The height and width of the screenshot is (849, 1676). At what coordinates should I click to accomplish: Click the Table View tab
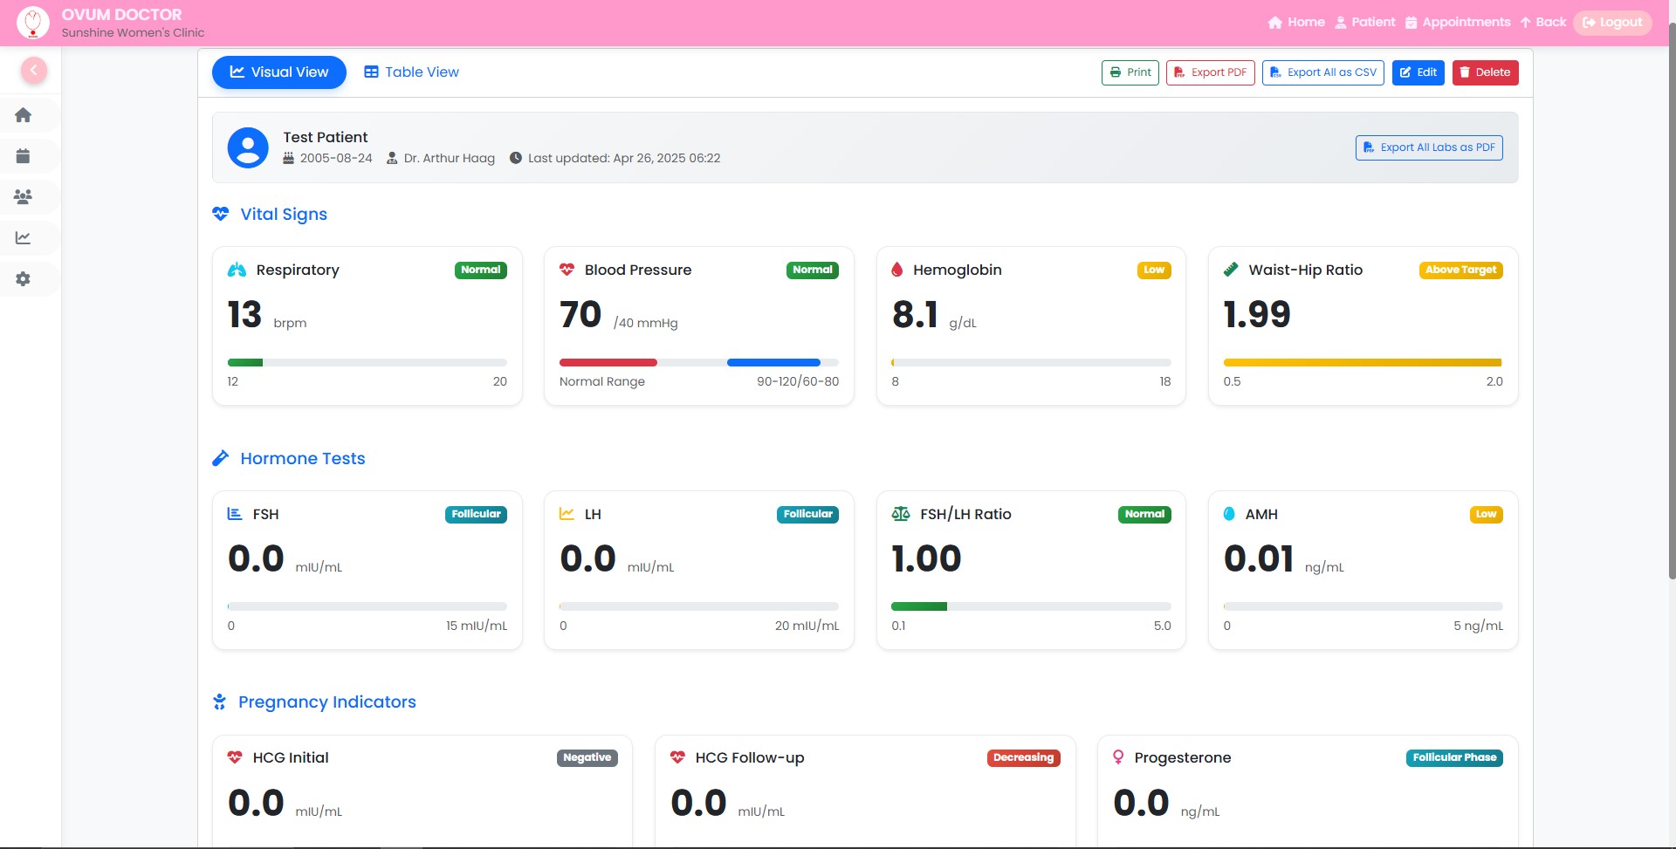click(411, 72)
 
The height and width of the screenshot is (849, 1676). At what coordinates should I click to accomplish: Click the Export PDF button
click(1210, 72)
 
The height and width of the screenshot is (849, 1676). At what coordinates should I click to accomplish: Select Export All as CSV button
click(1322, 72)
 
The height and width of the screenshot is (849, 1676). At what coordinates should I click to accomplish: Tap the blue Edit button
click(1418, 72)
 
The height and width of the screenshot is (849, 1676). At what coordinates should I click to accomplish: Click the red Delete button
click(1485, 72)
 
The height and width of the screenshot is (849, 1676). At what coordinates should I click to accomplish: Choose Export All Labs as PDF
click(1429, 147)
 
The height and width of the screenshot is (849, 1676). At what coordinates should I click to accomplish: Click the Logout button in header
click(1612, 23)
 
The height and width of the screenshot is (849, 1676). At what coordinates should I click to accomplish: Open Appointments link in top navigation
click(1458, 23)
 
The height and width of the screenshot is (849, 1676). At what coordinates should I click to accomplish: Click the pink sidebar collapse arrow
click(34, 71)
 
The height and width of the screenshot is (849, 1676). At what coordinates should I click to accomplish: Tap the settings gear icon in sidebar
click(24, 279)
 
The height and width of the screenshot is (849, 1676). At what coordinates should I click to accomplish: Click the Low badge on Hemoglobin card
click(1153, 270)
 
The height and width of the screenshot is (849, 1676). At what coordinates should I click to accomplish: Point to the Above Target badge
click(1460, 270)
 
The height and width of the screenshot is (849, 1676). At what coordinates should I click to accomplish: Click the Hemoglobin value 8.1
click(915, 315)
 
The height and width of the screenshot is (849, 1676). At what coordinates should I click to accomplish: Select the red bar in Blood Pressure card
click(608, 362)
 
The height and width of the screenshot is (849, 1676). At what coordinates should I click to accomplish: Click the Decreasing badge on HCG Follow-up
click(1023, 758)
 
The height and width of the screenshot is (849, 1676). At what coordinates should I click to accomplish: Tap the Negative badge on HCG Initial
click(587, 758)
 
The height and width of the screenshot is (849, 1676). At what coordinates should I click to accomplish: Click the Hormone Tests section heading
click(302, 459)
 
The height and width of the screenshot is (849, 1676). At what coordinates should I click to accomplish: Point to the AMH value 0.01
click(1258, 559)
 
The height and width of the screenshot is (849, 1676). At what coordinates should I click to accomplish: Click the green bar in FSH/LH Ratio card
click(918, 606)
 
